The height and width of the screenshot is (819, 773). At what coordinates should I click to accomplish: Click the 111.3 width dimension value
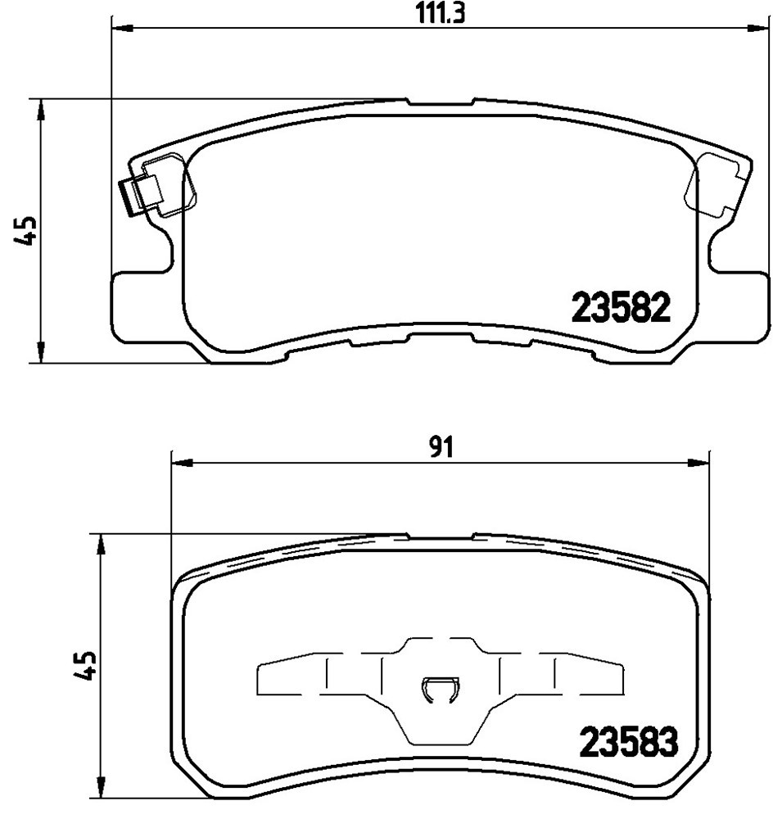441,14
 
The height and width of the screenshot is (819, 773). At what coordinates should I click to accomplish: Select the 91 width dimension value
441,448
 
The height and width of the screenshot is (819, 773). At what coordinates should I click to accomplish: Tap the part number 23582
621,307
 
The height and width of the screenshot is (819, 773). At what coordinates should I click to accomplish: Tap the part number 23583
629,742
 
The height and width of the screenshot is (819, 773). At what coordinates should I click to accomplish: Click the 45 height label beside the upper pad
25,230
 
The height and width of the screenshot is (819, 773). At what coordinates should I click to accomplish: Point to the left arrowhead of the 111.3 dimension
122,29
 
